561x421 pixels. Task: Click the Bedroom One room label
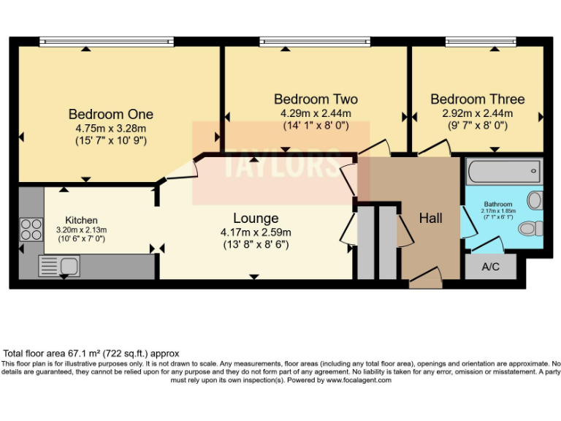click(x=110, y=114)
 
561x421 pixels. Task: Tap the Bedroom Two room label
click(x=316, y=99)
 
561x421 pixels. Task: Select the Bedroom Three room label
click(x=477, y=99)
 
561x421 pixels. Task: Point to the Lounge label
click(x=256, y=218)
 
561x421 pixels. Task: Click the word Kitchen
click(x=81, y=220)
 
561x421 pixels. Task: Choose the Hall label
click(x=431, y=218)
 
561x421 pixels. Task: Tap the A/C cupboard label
click(x=490, y=267)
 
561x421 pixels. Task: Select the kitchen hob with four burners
click(x=31, y=230)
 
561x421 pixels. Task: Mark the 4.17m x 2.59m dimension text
click(x=256, y=232)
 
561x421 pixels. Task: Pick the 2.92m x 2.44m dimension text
click(x=478, y=113)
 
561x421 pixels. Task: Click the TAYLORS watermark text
click(x=280, y=164)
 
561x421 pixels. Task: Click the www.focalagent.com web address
click(x=359, y=380)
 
